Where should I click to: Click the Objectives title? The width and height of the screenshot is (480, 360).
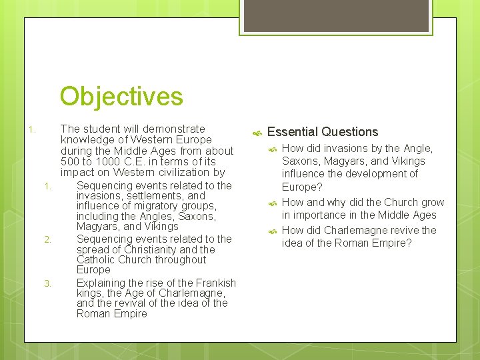(x=121, y=96)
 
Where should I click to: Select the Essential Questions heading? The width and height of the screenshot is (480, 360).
(x=322, y=132)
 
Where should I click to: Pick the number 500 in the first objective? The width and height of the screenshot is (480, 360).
(x=70, y=161)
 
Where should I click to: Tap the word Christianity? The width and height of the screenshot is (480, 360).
(x=145, y=249)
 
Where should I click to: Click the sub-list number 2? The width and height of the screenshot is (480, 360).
(x=47, y=239)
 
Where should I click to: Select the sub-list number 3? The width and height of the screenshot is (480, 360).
(x=47, y=283)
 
